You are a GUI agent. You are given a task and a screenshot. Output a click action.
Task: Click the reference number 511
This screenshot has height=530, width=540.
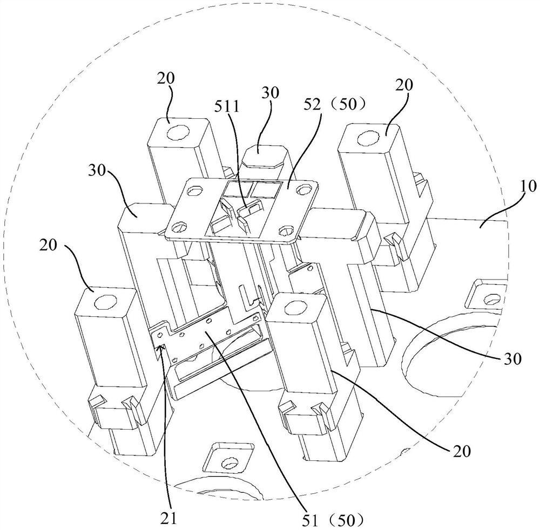[227, 106]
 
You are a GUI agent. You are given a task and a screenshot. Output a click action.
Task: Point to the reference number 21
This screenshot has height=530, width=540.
[169, 518]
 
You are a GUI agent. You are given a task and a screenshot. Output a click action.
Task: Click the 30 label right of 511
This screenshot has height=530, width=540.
[271, 93]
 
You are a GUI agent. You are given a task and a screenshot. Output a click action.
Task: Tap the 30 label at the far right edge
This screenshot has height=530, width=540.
[513, 359]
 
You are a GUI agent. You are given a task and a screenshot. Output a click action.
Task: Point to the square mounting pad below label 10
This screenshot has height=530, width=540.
[487, 294]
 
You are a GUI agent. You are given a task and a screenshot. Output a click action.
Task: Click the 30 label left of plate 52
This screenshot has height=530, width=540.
[97, 171]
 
